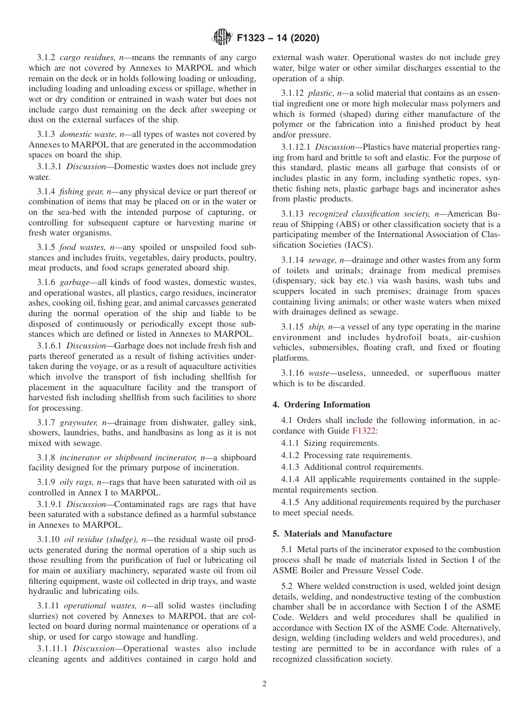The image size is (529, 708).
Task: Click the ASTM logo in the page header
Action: click(x=222, y=38)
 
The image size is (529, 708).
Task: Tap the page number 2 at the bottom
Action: click(x=264, y=684)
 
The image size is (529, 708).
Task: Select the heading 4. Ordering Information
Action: click(x=321, y=405)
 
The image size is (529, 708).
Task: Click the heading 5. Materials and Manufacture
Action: click(x=332, y=534)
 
